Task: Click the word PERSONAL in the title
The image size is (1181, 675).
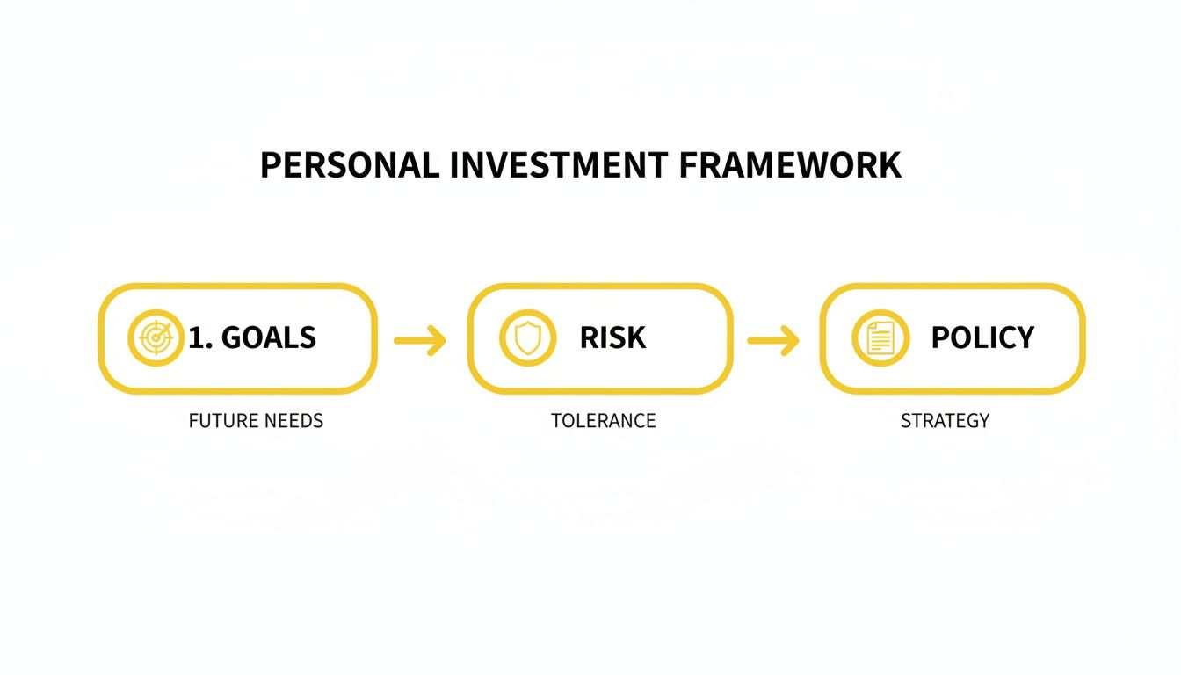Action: [350, 165]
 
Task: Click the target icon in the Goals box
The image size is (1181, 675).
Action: [156, 338]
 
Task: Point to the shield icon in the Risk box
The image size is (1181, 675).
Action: [527, 338]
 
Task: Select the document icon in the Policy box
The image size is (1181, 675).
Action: [880, 338]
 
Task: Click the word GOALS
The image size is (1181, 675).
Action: [268, 337]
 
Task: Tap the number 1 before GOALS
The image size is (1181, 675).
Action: [196, 337]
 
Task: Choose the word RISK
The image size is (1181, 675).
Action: [612, 337]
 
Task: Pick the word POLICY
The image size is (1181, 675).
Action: [982, 337]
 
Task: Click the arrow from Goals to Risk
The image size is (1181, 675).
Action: [420, 340]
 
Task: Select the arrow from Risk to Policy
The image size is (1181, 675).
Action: [773, 340]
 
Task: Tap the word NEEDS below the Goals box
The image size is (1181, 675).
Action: [293, 421]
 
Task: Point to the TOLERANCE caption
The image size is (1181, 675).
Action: [603, 421]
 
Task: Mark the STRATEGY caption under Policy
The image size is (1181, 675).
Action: [945, 421]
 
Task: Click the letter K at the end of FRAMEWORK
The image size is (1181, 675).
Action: [889, 165]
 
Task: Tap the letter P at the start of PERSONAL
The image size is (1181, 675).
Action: [270, 165]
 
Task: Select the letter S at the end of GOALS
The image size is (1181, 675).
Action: [307, 337]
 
